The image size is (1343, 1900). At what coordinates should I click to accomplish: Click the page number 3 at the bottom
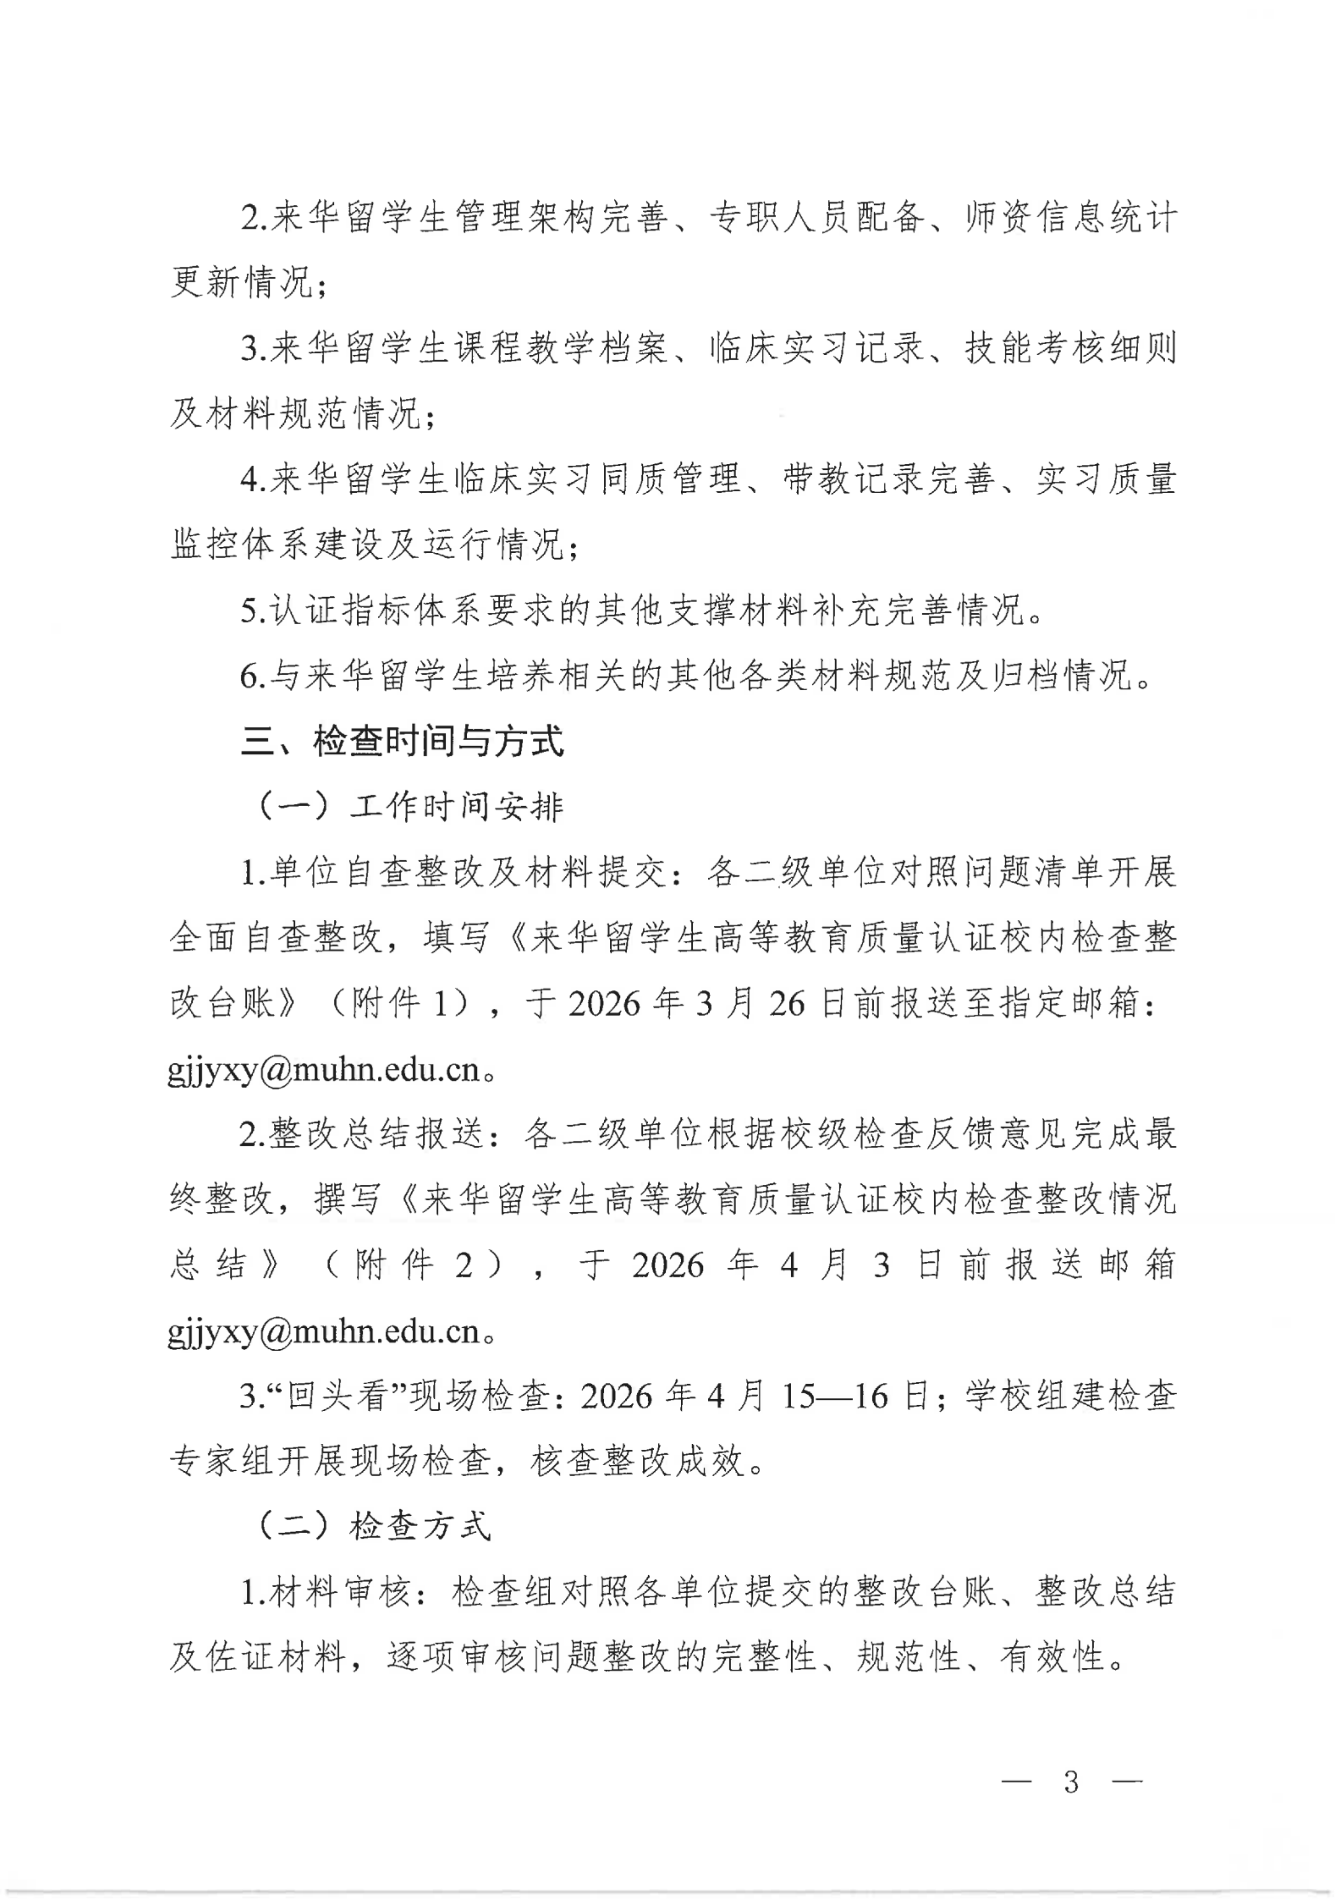(1072, 1781)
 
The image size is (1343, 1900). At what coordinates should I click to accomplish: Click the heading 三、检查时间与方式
(402, 741)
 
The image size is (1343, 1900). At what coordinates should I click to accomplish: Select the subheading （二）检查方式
(374, 1525)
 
